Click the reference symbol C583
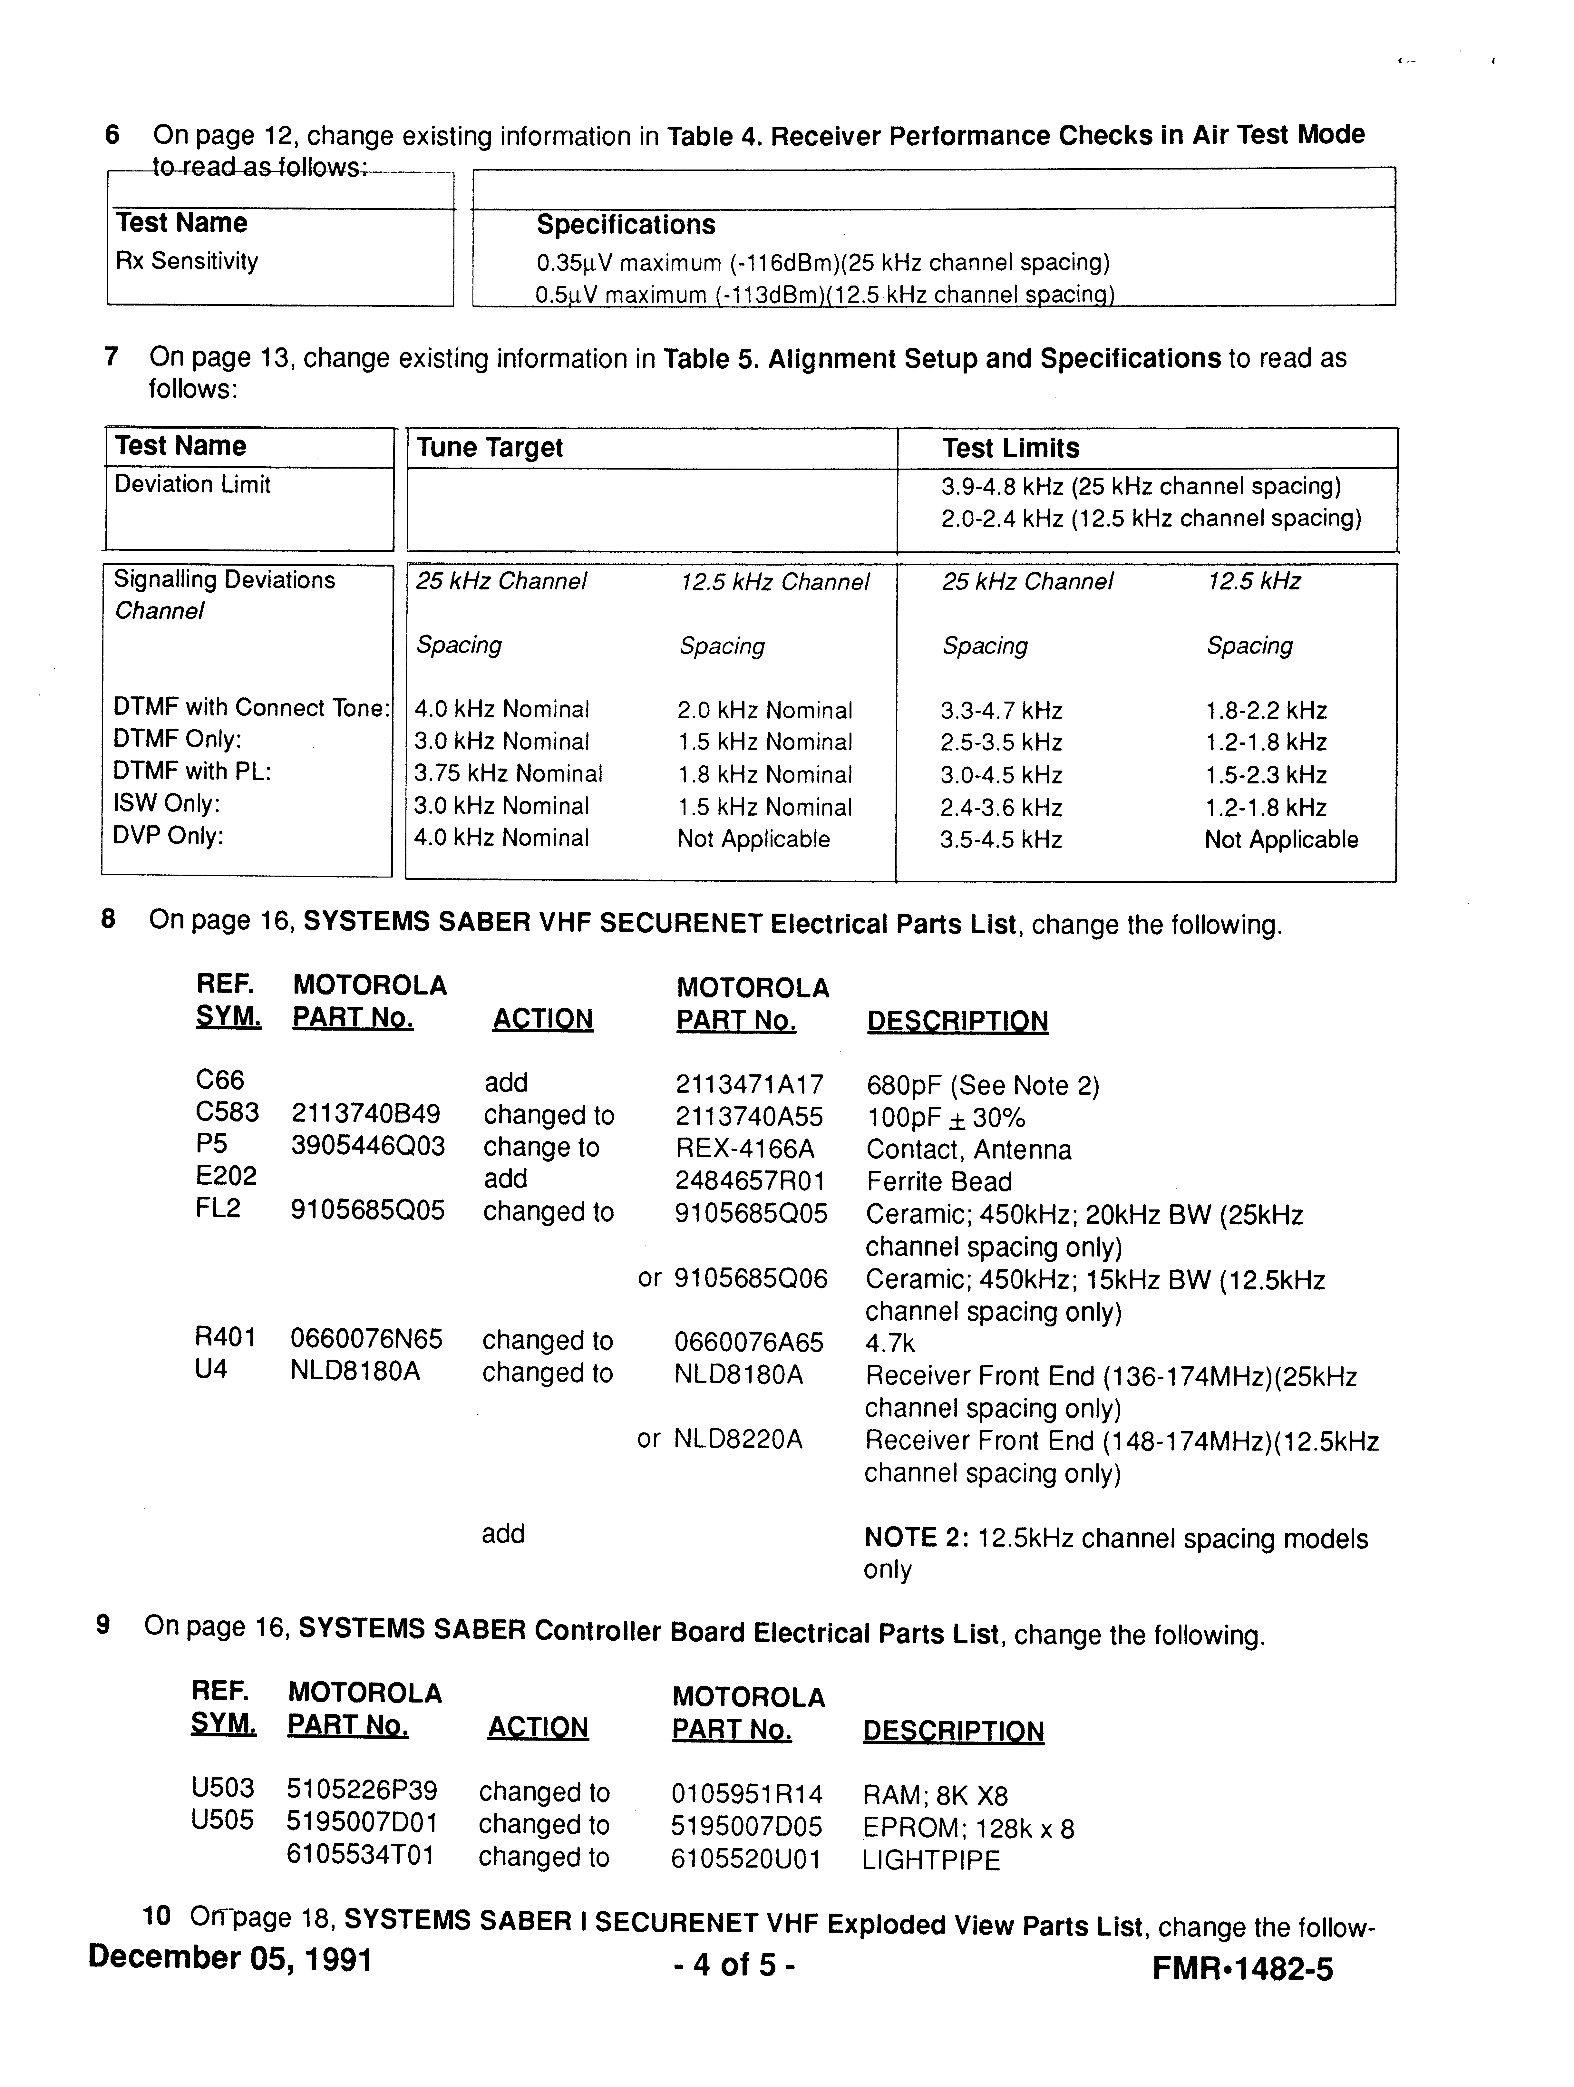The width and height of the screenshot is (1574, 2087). click(x=227, y=1112)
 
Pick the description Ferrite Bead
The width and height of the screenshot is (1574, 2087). click(x=939, y=1181)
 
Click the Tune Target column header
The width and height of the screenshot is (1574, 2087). click(x=490, y=447)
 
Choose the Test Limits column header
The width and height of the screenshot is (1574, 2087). click(x=1010, y=448)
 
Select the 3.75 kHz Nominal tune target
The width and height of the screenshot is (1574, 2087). click(x=508, y=774)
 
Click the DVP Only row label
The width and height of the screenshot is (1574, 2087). click(x=168, y=836)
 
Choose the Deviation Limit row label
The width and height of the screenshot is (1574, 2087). click(x=192, y=484)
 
